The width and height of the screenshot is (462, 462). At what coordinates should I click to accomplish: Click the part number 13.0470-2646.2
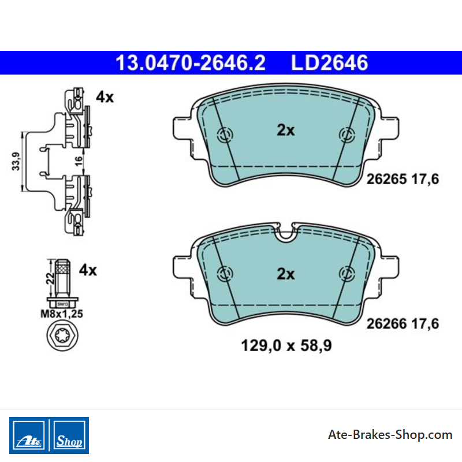(x=191, y=63)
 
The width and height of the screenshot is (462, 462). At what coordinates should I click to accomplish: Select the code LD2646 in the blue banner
(x=329, y=63)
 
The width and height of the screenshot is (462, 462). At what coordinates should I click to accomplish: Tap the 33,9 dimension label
(x=16, y=161)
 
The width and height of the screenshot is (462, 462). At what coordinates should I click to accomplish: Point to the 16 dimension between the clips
(x=79, y=161)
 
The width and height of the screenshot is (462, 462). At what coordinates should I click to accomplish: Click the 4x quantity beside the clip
(x=105, y=97)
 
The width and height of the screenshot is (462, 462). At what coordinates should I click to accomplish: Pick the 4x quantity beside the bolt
(x=88, y=270)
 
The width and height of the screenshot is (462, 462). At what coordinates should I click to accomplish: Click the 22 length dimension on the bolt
(x=50, y=278)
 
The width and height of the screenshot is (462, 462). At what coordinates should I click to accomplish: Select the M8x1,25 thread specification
(x=62, y=314)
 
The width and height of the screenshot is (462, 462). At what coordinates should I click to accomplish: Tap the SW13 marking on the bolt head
(x=62, y=304)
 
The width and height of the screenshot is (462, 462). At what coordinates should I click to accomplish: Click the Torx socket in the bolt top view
(x=62, y=336)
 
